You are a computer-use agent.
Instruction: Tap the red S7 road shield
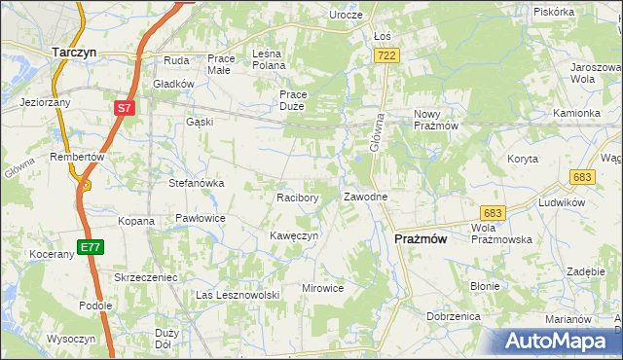click(124, 109)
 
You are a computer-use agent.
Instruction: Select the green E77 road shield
click(91, 247)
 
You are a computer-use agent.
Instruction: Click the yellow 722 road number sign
click(386, 57)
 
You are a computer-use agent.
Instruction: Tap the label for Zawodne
click(366, 197)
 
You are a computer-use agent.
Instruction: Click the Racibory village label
click(298, 197)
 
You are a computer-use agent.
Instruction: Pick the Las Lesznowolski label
click(238, 295)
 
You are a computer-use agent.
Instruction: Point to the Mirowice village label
click(323, 288)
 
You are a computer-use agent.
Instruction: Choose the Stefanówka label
click(198, 182)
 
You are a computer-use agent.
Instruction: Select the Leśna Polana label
click(268, 58)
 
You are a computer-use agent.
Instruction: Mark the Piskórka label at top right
click(554, 12)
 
